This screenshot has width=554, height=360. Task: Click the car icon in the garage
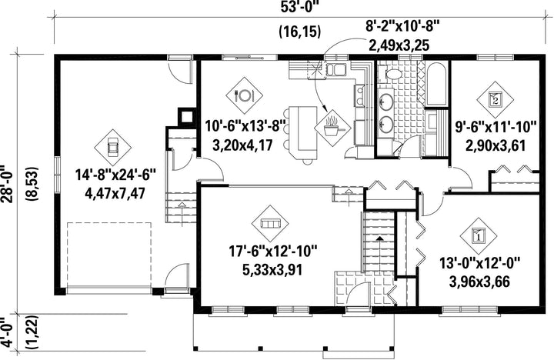coord(112,147)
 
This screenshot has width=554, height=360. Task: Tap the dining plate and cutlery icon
coord(244,95)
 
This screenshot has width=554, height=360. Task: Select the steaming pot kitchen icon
coord(332,127)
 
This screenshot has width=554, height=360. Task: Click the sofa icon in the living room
coord(270,223)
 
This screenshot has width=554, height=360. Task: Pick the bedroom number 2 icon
coord(495,100)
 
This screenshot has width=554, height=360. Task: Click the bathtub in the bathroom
coord(436,84)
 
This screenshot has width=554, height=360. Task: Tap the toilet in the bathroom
coord(390,74)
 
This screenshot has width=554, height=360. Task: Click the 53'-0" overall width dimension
coord(298,8)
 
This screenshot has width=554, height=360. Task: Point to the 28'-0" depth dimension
coord(8,184)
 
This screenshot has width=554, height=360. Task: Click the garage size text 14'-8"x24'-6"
coord(115,175)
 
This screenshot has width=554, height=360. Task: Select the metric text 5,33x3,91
coord(272,270)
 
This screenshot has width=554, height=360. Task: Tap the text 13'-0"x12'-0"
coord(480,264)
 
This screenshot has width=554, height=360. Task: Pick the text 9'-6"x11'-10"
coord(496,127)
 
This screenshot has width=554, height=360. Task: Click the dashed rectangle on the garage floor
coord(109,255)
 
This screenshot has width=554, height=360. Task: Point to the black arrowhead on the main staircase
coord(379,238)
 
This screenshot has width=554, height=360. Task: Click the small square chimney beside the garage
coord(186,115)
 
